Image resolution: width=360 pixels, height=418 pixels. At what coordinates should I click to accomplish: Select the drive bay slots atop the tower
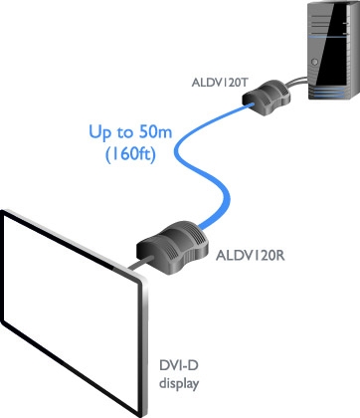[321, 22]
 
